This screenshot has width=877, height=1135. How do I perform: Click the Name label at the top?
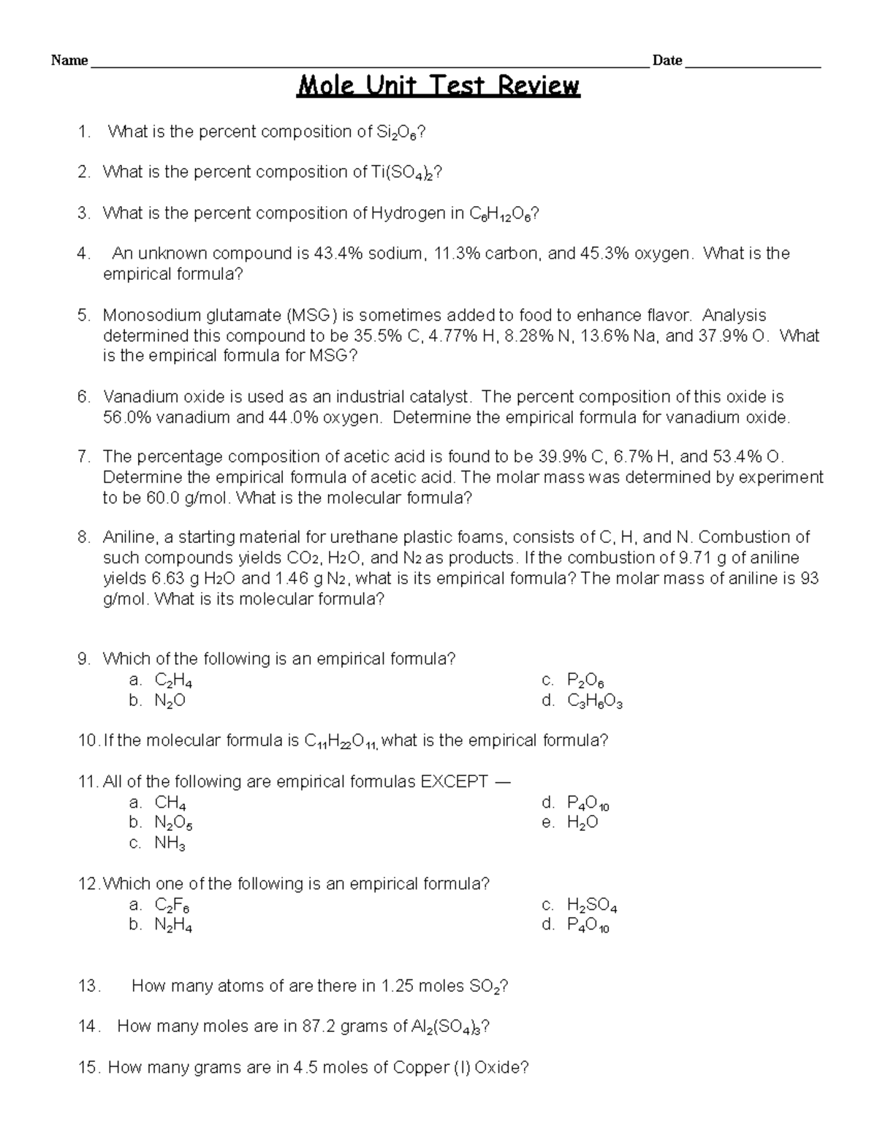point(69,61)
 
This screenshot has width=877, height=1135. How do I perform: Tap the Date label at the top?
point(667,61)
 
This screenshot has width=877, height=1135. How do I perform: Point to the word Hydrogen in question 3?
point(406,213)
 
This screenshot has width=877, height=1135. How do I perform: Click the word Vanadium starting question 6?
point(140,398)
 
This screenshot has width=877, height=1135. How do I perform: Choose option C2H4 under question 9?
point(173,681)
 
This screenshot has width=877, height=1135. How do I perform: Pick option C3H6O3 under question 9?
point(594,702)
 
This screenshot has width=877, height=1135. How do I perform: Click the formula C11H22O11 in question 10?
point(341,742)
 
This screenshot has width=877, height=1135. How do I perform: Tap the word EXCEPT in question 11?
point(454,782)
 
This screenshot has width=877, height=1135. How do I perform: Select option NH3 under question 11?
point(170,844)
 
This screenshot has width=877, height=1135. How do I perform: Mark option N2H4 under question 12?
point(173,926)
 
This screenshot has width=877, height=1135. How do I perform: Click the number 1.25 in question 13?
point(397,987)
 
